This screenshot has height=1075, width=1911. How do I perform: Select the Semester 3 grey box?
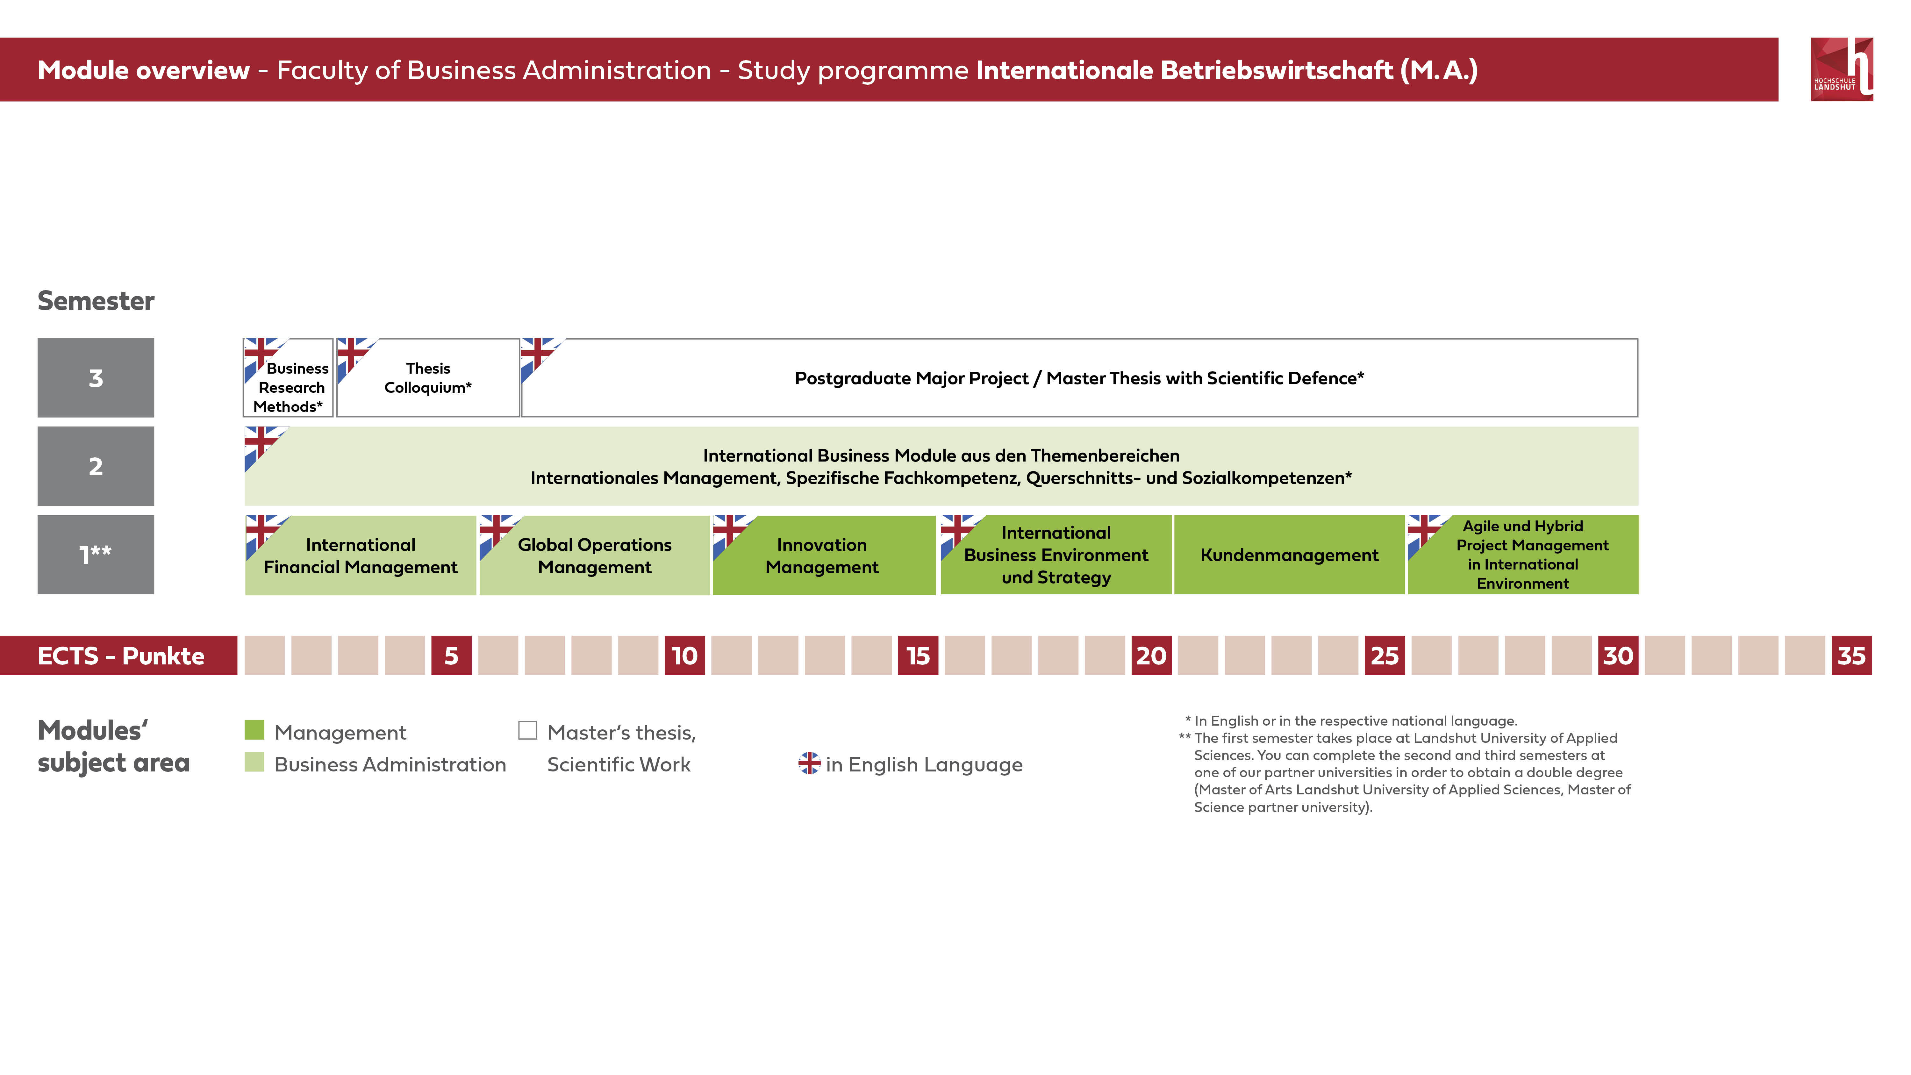pyautogui.click(x=96, y=378)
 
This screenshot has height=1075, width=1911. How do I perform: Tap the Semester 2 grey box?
pyautogui.click(x=96, y=466)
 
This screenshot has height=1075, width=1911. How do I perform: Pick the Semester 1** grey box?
pyautogui.click(x=96, y=554)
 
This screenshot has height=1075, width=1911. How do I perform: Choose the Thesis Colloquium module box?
pyautogui.click(x=428, y=378)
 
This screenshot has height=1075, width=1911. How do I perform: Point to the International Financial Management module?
pyautogui.click(x=361, y=555)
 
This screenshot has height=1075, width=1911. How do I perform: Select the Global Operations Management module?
pyautogui.click(x=594, y=555)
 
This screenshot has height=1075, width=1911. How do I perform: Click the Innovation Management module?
pyautogui.click(x=823, y=555)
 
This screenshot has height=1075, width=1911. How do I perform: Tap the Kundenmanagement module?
pyautogui.click(x=1289, y=555)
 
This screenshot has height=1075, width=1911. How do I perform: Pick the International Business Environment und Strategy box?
pyautogui.click(x=1056, y=555)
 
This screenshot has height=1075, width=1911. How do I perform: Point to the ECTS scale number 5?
pyautogui.click(x=451, y=655)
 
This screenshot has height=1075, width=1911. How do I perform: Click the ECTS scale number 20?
pyautogui.click(x=1151, y=655)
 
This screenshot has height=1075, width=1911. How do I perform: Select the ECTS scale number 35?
pyautogui.click(x=1852, y=655)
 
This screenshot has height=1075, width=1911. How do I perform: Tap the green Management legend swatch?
pyautogui.click(x=254, y=730)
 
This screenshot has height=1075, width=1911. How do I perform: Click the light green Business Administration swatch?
pyautogui.click(x=254, y=762)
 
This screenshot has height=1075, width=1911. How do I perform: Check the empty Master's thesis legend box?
pyautogui.click(x=527, y=730)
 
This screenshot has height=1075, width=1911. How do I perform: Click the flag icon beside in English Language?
pyautogui.click(x=809, y=763)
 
